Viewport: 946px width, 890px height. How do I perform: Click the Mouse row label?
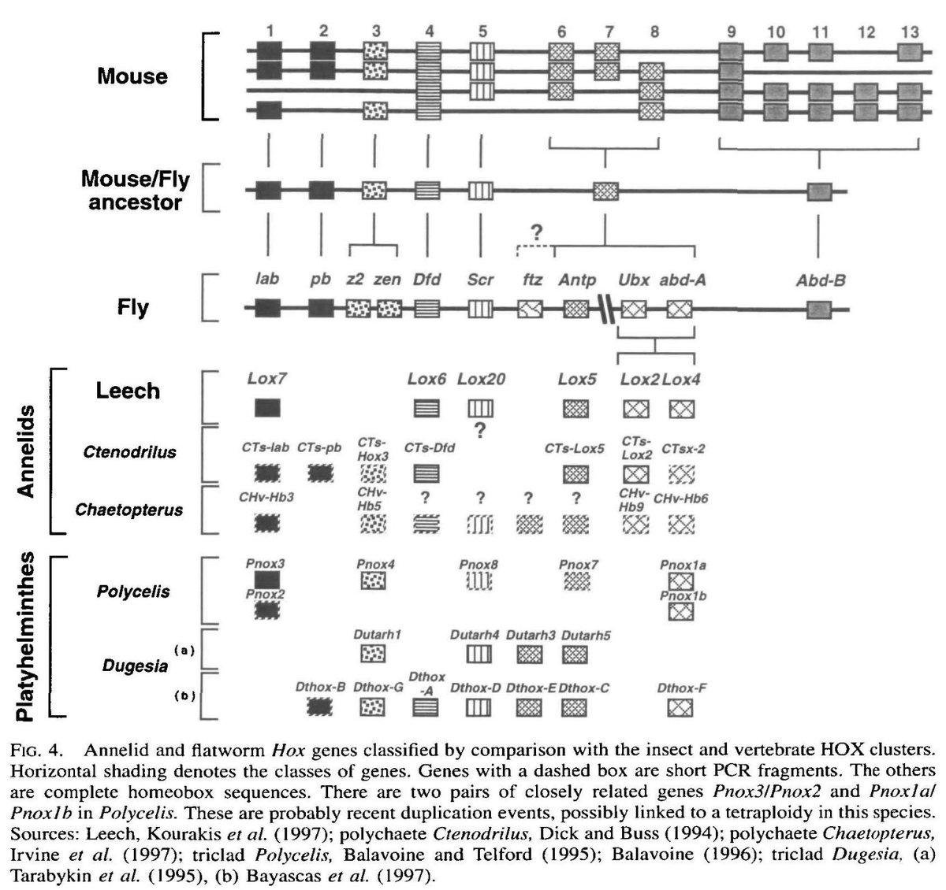click(x=132, y=76)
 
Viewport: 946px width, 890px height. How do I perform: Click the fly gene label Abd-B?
click(x=820, y=280)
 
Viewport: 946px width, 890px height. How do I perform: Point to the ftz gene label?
click(x=532, y=280)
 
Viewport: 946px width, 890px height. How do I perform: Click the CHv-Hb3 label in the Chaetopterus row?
click(x=266, y=497)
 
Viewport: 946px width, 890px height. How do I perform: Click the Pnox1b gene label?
click(x=683, y=596)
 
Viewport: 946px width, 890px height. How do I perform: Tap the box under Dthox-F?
click(x=680, y=708)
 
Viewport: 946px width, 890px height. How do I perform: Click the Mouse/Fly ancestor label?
click(x=136, y=190)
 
